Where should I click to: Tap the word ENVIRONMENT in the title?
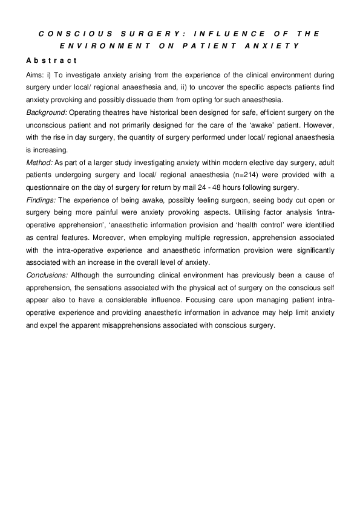103,46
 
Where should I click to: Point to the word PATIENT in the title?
217,46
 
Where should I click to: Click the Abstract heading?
52,61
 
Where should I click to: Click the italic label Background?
47,113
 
